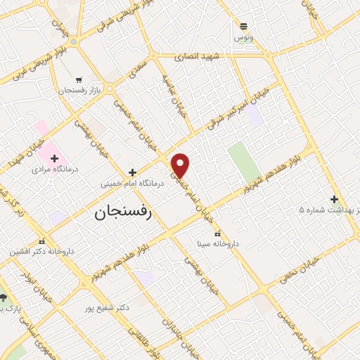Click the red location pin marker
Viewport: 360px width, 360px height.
[181, 165]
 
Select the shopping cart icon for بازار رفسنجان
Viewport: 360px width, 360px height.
[79, 80]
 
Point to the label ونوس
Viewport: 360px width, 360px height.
[244, 36]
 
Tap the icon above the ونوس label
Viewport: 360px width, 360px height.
[244, 25]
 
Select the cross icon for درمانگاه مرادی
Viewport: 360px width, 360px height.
[54, 158]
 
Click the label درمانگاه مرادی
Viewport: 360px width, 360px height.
[51, 169]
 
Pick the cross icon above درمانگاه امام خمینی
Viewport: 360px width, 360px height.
[132, 172]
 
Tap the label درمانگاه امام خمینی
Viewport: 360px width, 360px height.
[132, 183]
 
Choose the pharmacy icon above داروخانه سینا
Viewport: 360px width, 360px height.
[217, 233]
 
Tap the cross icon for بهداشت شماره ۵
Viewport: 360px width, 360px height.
[334, 199]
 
